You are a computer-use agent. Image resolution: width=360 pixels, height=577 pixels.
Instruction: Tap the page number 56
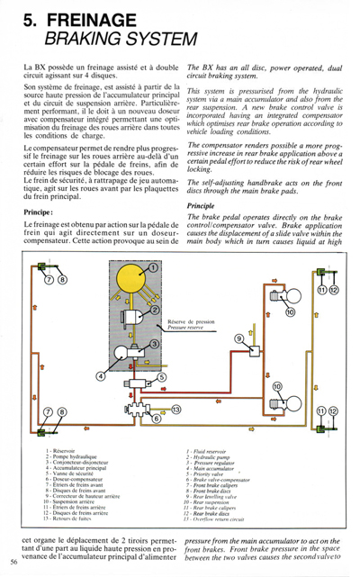[x=14, y=562]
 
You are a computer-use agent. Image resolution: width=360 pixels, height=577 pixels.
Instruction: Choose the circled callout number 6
[x=156, y=419]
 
